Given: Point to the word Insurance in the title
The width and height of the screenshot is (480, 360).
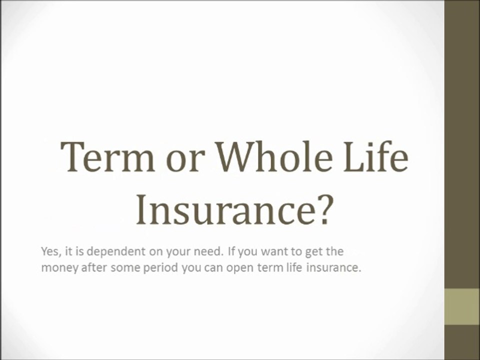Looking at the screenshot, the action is coord(223,209).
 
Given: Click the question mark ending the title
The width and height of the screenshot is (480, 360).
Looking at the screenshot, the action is coord(322,209).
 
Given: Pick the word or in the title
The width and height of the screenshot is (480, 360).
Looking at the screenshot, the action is coord(185,161).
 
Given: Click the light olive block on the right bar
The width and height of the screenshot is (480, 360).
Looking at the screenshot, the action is coord(462,306).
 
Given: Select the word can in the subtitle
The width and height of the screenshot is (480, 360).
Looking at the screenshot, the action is coord(213,268).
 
